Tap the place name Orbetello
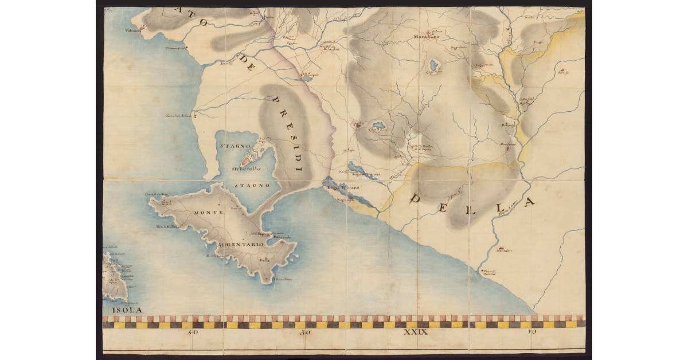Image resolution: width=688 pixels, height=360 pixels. [247, 169]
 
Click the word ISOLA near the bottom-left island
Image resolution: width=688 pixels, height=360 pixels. [123, 310]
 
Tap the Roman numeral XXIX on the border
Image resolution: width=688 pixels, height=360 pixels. [416, 332]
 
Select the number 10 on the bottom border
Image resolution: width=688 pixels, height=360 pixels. [533, 332]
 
